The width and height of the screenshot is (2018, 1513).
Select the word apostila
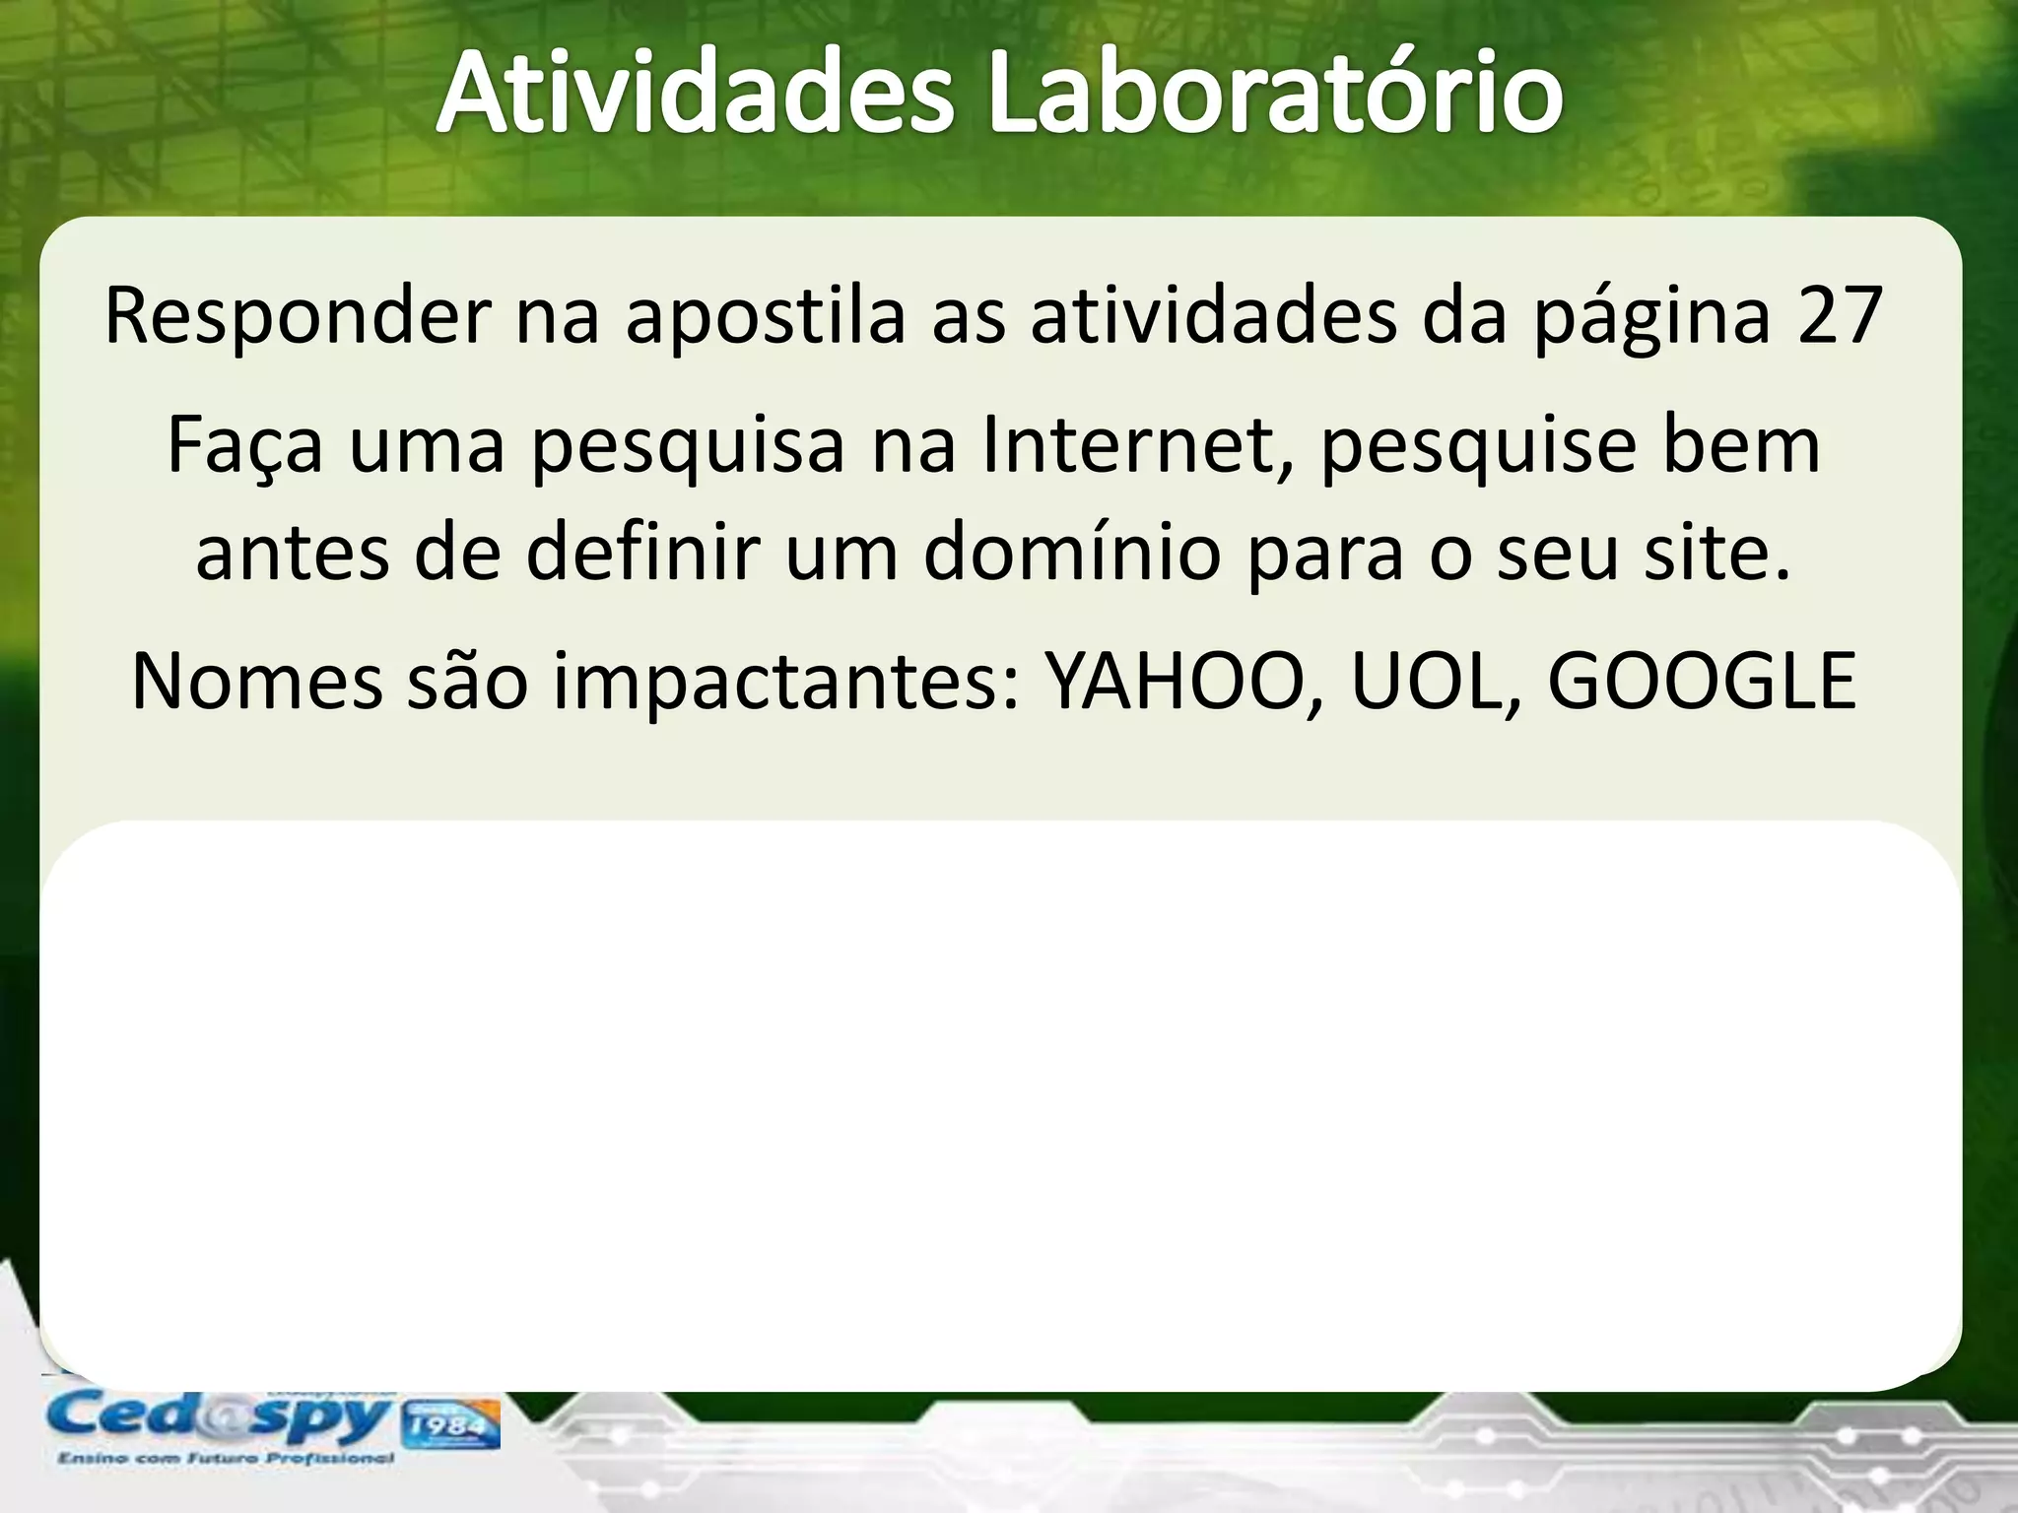[765, 317]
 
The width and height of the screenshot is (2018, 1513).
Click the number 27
[1840, 317]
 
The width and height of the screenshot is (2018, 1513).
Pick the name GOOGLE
[1702, 681]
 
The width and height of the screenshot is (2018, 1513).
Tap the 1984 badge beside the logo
[448, 1425]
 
